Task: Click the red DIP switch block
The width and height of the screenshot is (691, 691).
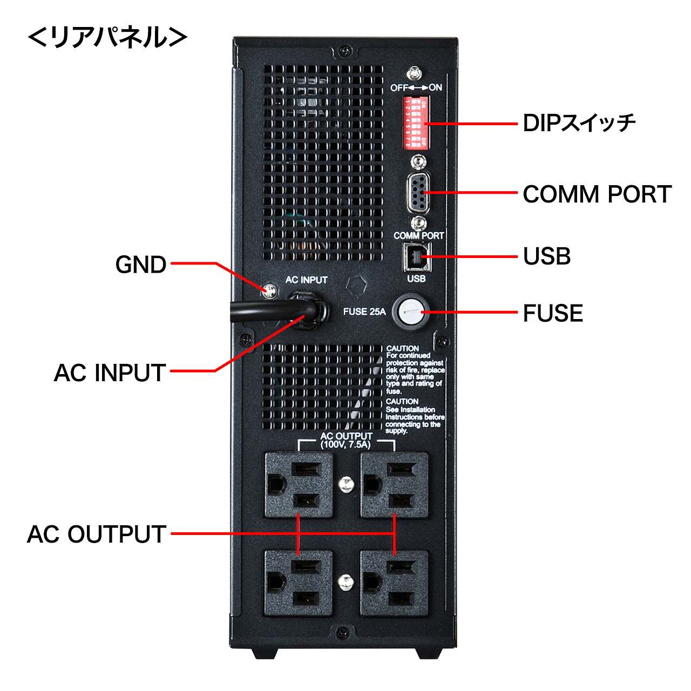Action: pos(416,123)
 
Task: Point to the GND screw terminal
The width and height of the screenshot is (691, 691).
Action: pos(270,291)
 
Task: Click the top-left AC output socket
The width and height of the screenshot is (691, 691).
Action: pos(299,485)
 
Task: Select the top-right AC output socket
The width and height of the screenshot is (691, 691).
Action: pos(395,485)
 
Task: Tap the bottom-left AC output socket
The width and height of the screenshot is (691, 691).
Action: pos(299,583)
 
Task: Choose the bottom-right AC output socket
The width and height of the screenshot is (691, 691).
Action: pos(395,583)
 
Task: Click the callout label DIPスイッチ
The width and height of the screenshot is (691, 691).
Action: pos(579,124)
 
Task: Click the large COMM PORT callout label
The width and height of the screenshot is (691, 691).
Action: pos(597,194)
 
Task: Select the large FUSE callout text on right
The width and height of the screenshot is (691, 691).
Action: pos(553,313)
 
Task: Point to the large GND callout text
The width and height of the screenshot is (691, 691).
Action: pos(141,265)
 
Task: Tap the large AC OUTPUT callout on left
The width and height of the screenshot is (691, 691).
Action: pos(97,534)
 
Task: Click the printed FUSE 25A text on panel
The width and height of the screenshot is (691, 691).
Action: pos(364,311)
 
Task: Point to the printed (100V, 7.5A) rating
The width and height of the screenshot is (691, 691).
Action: pos(346,445)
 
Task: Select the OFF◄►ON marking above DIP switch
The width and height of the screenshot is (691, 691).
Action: pos(416,87)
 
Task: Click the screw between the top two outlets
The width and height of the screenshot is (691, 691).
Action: pos(346,484)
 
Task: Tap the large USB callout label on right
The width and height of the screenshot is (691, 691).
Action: pos(547,256)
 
